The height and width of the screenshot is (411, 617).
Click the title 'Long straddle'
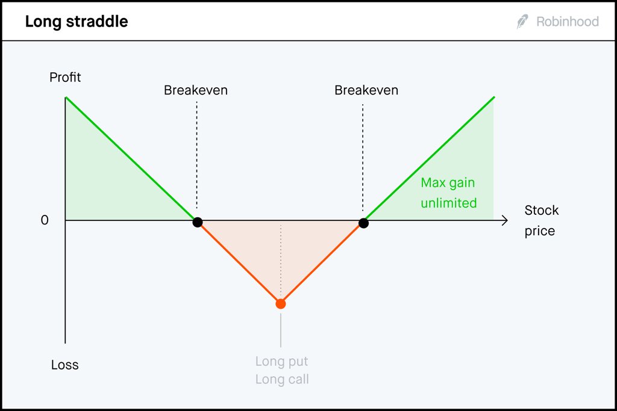(x=77, y=22)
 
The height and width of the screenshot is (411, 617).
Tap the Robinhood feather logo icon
(x=522, y=22)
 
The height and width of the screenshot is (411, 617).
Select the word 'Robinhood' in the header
(x=567, y=22)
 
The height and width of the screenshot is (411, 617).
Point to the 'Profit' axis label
(x=66, y=78)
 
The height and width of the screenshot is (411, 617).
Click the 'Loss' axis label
(x=65, y=365)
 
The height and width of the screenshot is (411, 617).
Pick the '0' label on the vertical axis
(x=45, y=221)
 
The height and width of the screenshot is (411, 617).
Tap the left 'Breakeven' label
(x=196, y=90)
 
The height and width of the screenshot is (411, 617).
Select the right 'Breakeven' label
(x=366, y=90)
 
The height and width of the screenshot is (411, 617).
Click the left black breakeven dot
(x=197, y=222)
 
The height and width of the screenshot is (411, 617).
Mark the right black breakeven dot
(x=363, y=223)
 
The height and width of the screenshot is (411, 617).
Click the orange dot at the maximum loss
(x=280, y=304)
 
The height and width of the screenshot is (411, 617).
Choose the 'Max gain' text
(x=448, y=183)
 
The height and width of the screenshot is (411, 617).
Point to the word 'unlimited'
(x=449, y=203)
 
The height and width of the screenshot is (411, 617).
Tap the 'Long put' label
(x=281, y=362)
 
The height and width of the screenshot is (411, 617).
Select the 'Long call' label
(x=281, y=380)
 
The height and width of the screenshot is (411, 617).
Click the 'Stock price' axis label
(x=541, y=220)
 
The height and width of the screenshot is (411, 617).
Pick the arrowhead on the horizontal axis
(x=504, y=221)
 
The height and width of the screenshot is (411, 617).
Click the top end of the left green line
(x=66, y=97)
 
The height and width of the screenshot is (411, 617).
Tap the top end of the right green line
(x=493, y=97)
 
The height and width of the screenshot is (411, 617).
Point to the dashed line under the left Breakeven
(x=197, y=156)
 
